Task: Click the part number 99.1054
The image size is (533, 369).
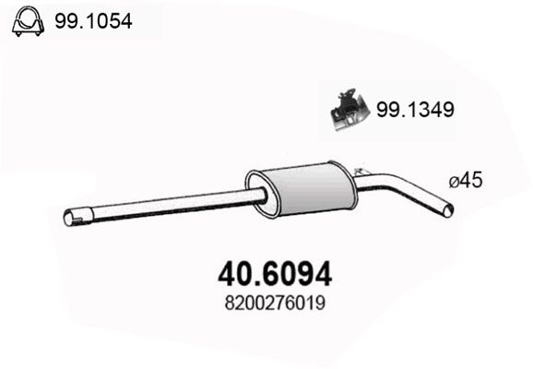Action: pos(93,21)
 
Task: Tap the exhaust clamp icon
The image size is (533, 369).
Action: pos(28,21)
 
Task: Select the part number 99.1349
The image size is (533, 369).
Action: pos(415,110)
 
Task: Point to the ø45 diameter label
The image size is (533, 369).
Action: pos(466,180)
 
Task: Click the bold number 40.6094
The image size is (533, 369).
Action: pos(275,274)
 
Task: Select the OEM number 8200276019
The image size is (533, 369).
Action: pos(275,303)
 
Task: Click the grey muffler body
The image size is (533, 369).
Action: pos(308,189)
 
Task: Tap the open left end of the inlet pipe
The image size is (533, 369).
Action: pos(68,218)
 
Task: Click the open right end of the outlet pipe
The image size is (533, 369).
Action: pos(449,209)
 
